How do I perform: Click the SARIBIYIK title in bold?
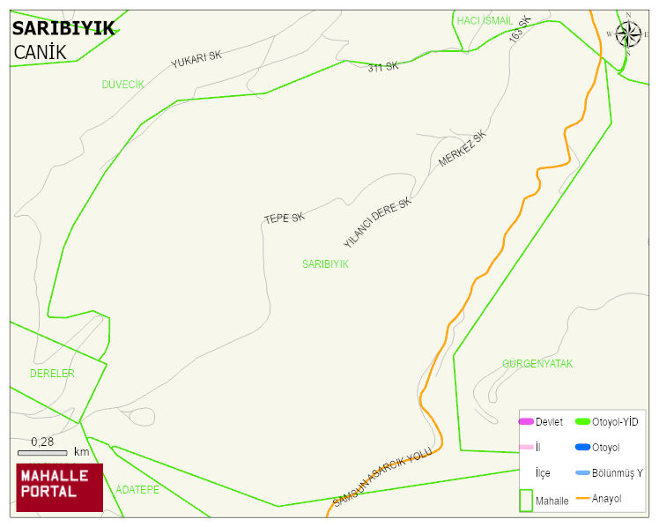[x=63, y=28]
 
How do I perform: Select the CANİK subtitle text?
[x=41, y=52]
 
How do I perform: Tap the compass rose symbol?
[x=628, y=33]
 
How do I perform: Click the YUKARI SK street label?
[x=196, y=60]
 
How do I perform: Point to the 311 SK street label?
[x=383, y=66]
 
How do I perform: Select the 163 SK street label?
[x=521, y=30]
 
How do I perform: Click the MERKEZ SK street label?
[x=463, y=150]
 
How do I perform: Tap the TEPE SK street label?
[x=284, y=218]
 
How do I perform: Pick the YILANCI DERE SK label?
[x=377, y=222]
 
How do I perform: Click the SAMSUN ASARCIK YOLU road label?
[x=382, y=477]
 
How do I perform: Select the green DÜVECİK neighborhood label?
[x=122, y=85]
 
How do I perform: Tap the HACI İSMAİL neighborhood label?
[x=485, y=20]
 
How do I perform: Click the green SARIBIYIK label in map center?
[x=325, y=263]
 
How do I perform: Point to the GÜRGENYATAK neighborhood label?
[x=537, y=363]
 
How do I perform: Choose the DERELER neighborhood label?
[x=52, y=374]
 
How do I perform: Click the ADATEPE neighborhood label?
[x=137, y=489]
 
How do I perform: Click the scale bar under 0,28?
[x=42, y=453]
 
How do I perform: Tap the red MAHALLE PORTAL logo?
[x=59, y=486]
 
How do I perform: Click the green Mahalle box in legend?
[x=526, y=500]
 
